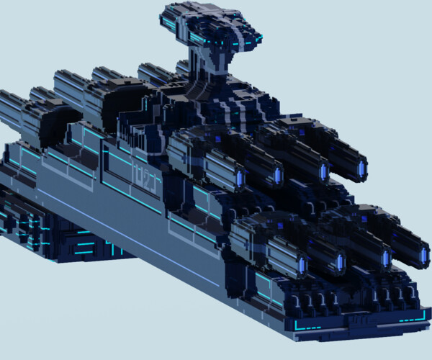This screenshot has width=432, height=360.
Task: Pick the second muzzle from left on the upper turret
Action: click(278, 176)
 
